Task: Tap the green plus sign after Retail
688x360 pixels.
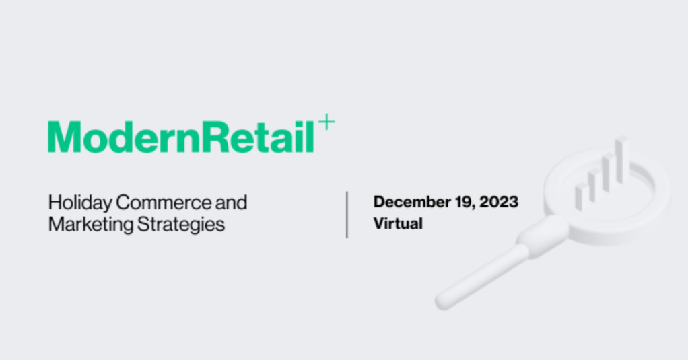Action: click(326, 122)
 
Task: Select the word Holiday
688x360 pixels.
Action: click(80, 203)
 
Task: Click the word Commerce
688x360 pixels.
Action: click(164, 203)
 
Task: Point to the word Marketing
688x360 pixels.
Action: click(91, 225)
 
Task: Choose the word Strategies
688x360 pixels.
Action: click(181, 225)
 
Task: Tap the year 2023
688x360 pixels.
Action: click(499, 202)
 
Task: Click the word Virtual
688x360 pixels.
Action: click(398, 223)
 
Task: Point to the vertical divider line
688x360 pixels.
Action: click(347, 215)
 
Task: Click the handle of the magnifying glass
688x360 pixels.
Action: click(482, 277)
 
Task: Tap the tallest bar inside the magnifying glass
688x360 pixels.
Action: click(621, 159)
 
